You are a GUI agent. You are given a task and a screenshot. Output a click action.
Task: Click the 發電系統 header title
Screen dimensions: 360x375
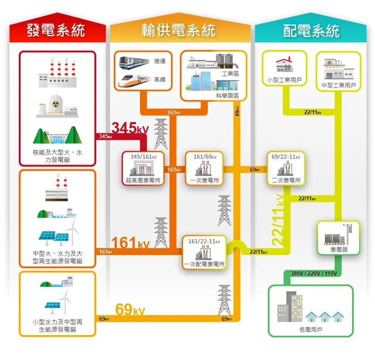(x=56, y=31)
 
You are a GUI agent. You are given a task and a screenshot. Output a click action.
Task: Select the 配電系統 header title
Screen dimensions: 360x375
(x=311, y=31)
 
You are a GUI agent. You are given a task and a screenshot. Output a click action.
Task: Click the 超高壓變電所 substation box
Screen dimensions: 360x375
(x=143, y=168)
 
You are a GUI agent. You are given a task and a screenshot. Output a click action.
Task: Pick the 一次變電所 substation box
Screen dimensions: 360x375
(x=205, y=168)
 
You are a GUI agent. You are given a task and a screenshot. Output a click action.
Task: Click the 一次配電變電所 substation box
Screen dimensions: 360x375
(x=204, y=252)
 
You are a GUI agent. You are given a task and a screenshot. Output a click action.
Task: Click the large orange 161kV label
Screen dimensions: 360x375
(x=130, y=243)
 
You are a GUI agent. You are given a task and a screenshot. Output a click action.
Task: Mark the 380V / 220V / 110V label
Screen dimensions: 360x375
(x=314, y=274)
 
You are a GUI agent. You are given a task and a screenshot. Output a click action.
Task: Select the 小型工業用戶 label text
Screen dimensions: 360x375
(x=284, y=80)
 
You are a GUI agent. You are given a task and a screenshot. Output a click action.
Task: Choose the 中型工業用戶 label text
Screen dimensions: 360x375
(x=339, y=85)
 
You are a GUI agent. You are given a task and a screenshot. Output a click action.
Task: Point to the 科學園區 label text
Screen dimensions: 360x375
(x=227, y=95)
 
